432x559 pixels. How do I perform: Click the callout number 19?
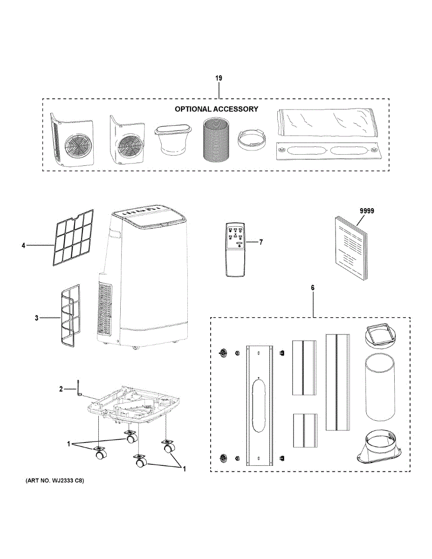click(x=219, y=78)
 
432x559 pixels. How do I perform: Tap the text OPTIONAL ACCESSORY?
click(x=216, y=109)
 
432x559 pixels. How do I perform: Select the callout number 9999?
click(x=367, y=211)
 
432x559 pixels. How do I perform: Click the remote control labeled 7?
click(x=235, y=250)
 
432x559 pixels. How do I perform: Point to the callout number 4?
click(x=23, y=245)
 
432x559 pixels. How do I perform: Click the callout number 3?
click(x=37, y=318)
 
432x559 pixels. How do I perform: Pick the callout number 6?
click(x=313, y=288)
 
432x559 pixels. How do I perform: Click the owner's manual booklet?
click(x=351, y=248)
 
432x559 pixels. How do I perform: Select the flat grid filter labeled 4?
click(x=73, y=238)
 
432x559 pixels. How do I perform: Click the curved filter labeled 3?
click(x=70, y=314)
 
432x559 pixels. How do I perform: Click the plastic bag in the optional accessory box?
click(x=329, y=123)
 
